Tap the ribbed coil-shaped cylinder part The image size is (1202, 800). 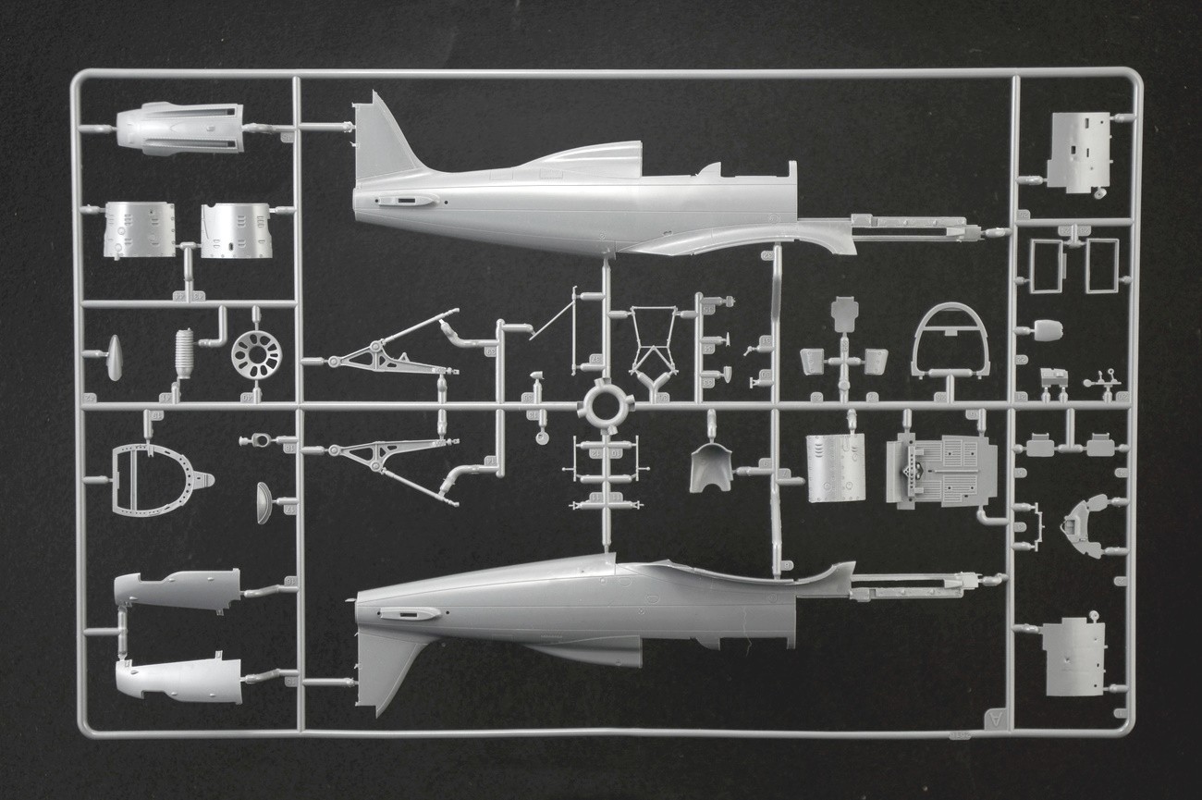coord(185,352)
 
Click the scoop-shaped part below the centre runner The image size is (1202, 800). coord(710,466)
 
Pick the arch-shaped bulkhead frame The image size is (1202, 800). coord(950,340)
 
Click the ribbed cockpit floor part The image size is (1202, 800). coord(941,471)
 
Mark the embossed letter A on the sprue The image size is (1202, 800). coord(995,718)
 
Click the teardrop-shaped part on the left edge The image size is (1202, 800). coord(115,357)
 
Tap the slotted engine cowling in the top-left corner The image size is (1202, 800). coord(180,128)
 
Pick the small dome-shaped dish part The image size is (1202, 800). coord(264,502)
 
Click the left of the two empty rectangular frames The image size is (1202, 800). coord(1046,265)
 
